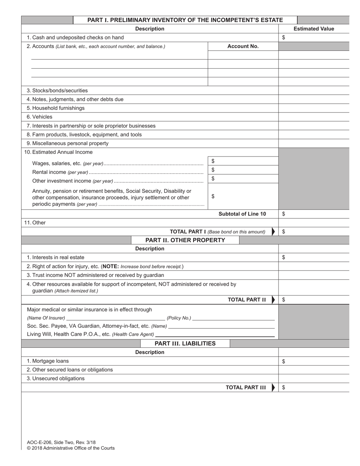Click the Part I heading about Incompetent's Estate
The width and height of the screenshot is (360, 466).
(185, 20)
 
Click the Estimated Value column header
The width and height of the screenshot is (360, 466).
(314, 29)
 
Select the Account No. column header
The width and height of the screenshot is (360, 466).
(243, 46)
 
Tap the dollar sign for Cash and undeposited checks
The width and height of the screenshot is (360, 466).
(284, 38)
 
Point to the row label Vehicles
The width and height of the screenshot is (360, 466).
(39, 117)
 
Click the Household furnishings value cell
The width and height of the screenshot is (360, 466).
(314, 108)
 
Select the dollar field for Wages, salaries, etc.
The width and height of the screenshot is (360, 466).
(243, 161)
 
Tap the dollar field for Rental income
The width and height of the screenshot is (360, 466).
(243, 170)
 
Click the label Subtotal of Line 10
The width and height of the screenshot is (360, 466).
(242, 214)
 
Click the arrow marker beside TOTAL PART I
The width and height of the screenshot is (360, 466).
(274, 232)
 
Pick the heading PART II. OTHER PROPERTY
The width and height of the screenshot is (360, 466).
(185, 240)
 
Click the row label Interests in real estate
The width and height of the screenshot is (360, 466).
(55, 257)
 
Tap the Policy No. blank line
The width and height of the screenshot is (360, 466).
(233, 318)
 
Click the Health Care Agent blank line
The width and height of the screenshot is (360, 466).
(215, 335)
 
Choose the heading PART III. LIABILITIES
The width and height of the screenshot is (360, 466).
(185, 344)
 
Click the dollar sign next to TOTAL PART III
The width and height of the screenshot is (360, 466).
(284, 388)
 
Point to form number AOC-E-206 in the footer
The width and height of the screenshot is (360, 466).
(39, 442)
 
